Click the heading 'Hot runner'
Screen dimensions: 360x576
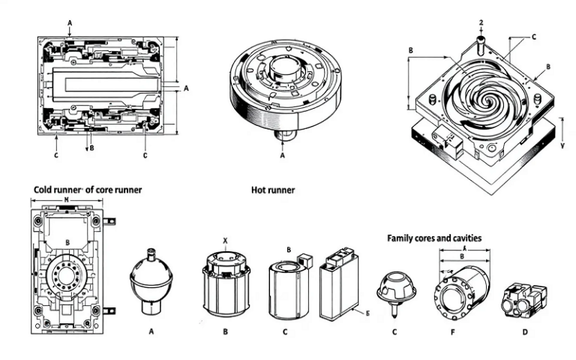[272, 190]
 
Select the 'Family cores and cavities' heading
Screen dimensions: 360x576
[433, 238]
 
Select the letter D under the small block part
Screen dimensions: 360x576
[523, 330]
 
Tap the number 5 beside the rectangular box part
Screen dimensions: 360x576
[367, 310]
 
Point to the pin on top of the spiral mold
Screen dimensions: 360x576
[479, 32]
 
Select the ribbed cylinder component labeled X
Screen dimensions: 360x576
[224, 284]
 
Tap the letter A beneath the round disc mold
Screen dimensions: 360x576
[283, 157]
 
